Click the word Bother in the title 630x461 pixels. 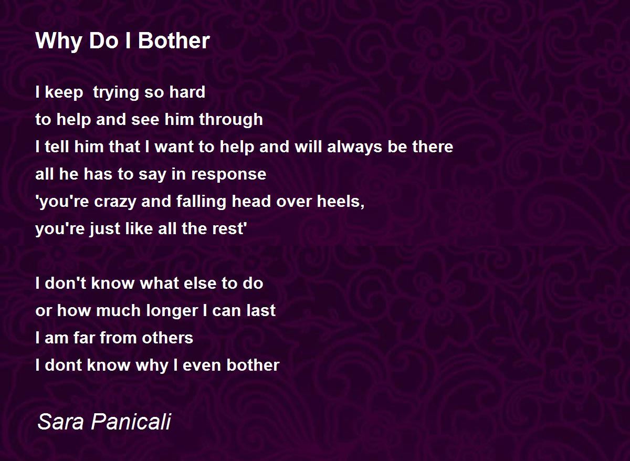(174, 41)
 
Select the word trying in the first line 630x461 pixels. (116, 93)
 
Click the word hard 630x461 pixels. (187, 92)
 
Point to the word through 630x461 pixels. (231, 120)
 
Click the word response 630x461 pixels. (228, 175)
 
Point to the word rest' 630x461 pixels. (229, 228)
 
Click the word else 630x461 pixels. (200, 283)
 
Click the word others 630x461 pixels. (167, 338)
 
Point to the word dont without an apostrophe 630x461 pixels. (64, 365)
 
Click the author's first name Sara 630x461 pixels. (61, 422)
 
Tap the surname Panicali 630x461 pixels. (131, 422)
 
